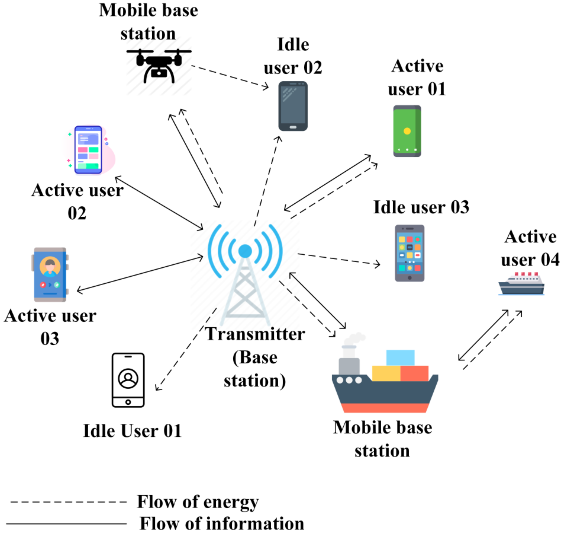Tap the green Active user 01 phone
407,131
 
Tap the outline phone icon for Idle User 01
128,380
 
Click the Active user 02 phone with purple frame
88,150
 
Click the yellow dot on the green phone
407,131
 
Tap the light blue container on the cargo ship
400,357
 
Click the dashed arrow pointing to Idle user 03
338,259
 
